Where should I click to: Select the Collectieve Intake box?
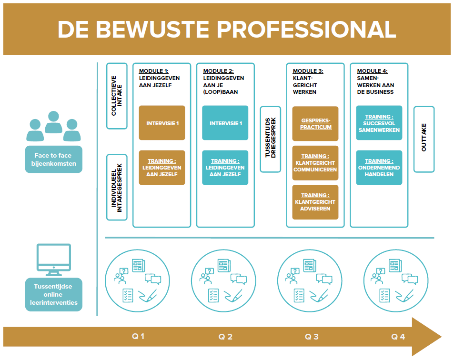point(117,96)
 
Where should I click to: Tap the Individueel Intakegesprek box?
point(117,187)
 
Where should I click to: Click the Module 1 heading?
point(153,71)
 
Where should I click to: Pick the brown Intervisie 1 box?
point(162,123)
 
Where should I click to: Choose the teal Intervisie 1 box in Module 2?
point(225,123)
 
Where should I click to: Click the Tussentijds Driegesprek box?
point(270,139)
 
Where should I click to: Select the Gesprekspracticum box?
point(315,124)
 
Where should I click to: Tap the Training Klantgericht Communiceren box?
point(315,163)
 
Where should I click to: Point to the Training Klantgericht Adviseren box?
point(315,202)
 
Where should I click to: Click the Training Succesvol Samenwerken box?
point(379,123)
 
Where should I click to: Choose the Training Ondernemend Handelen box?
point(379,168)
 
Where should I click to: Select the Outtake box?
point(424,139)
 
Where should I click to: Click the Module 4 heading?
point(372,71)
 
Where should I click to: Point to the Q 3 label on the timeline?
point(312,337)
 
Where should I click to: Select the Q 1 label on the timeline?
point(138,337)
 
